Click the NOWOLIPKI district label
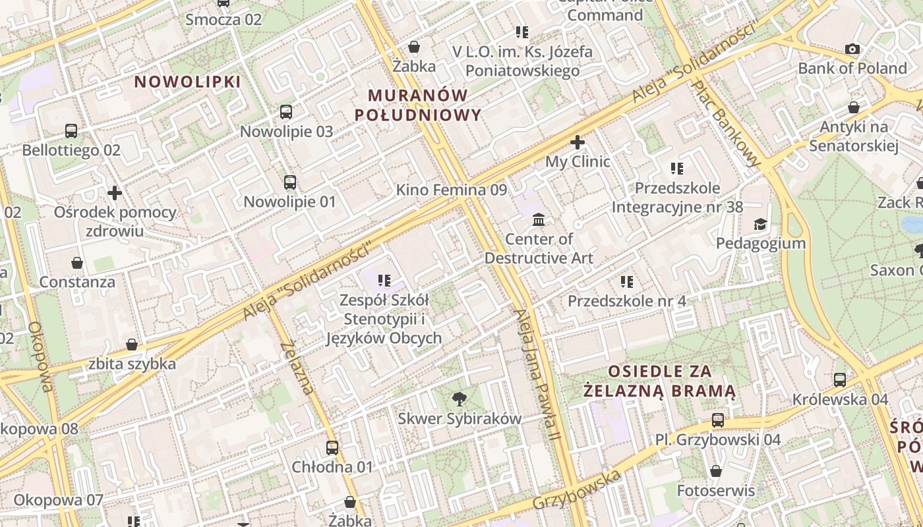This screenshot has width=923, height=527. pyautogui.click(x=188, y=82)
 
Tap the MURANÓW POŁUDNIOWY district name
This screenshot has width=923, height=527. pyautogui.click(x=418, y=105)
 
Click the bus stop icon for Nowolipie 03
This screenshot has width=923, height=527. pyautogui.click(x=286, y=112)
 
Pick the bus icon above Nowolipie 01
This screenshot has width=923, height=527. pyautogui.click(x=290, y=182)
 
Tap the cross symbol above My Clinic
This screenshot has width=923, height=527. pyautogui.click(x=578, y=142)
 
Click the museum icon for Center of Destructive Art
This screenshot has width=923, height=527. pyautogui.click(x=539, y=219)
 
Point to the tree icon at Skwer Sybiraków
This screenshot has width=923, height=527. pyautogui.click(x=459, y=399)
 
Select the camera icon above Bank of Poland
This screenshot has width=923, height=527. pyautogui.click(x=852, y=49)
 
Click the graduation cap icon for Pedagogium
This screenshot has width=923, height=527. pyautogui.click(x=761, y=224)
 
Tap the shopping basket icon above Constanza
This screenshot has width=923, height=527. pyautogui.click(x=77, y=263)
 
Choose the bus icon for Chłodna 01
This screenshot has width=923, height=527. pyautogui.click(x=332, y=448)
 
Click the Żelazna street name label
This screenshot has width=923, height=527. pyautogui.click(x=298, y=368)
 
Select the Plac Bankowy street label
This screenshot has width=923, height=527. pyautogui.click(x=727, y=123)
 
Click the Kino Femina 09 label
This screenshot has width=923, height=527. pyautogui.click(x=452, y=190)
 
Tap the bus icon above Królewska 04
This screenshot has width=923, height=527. pyautogui.click(x=840, y=380)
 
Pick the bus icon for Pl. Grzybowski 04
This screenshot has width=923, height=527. pyautogui.click(x=718, y=420)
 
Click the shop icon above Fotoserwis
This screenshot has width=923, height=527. pyautogui.click(x=716, y=471)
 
